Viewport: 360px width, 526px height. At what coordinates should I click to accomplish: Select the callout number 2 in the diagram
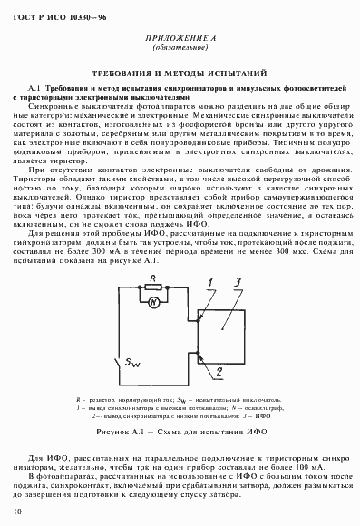point(218,372)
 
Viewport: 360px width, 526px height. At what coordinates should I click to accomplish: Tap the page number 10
point(19,513)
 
